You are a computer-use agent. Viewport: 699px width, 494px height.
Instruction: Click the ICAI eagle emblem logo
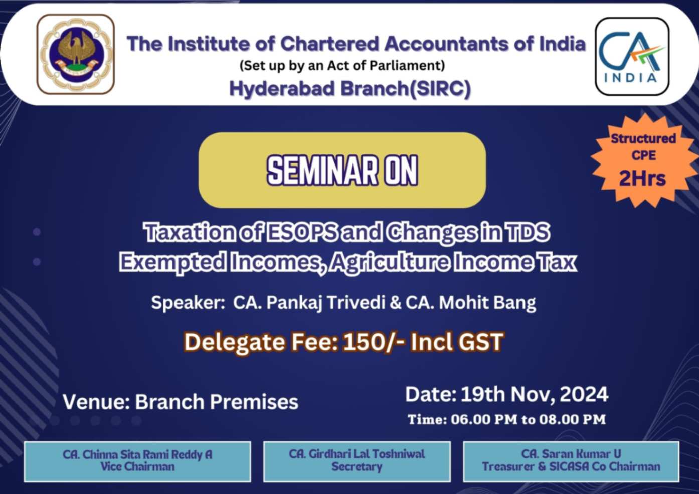(x=76, y=54)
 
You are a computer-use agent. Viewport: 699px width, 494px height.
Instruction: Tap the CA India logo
(x=632, y=56)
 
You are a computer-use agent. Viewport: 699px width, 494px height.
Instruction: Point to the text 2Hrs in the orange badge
(x=642, y=179)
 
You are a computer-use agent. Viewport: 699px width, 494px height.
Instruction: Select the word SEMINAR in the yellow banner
(x=322, y=171)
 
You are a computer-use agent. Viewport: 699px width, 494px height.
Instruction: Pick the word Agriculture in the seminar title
(x=391, y=262)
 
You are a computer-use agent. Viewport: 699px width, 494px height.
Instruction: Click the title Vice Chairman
(x=137, y=467)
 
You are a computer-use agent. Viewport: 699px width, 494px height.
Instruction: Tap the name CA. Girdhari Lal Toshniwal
(x=357, y=454)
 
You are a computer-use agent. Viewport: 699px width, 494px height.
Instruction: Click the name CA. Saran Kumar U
(x=571, y=454)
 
